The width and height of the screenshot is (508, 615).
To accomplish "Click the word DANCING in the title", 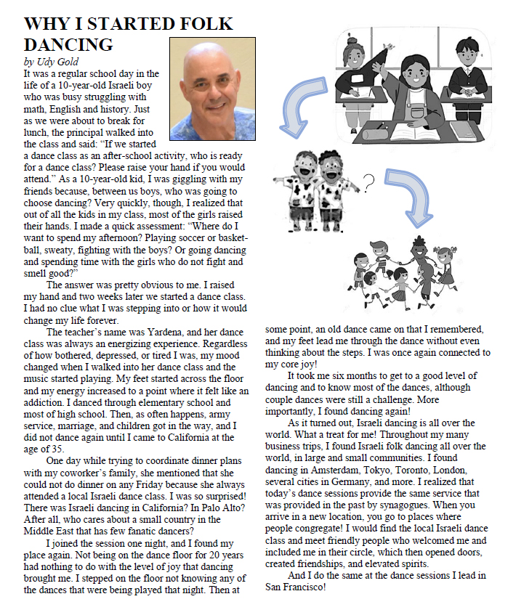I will click(x=68, y=44).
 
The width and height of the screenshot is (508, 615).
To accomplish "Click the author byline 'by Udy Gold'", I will click(x=51, y=62).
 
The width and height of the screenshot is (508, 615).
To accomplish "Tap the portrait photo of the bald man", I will click(x=212, y=89).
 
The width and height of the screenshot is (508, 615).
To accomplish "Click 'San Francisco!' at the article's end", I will click(x=295, y=587).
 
